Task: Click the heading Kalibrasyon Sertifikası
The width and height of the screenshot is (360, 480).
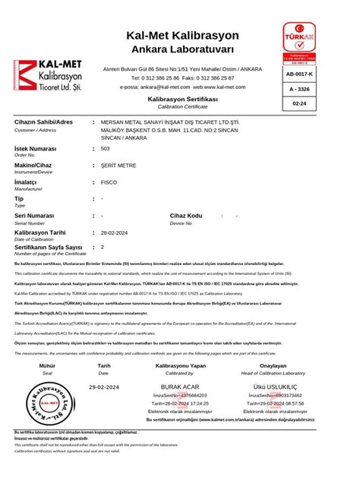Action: [182, 99]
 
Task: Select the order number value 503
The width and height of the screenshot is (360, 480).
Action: [106, 149]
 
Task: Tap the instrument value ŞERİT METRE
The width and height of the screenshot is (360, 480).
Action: [119, 165]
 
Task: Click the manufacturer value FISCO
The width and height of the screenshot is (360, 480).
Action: [109, 182]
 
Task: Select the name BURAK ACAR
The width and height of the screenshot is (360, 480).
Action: [178, 387]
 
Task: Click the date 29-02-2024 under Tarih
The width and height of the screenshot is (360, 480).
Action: [105, 387]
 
